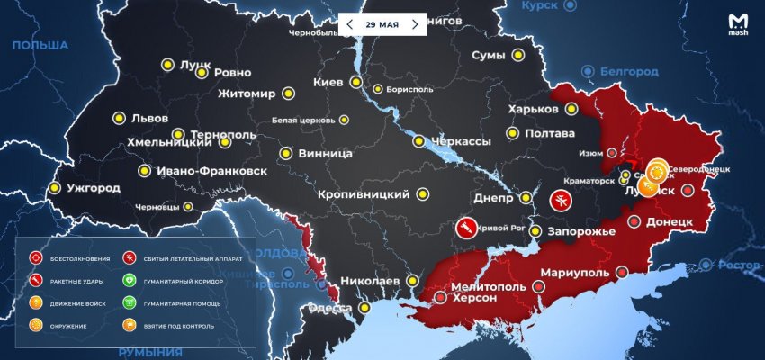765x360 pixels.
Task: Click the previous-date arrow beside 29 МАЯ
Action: (x=350, y=24)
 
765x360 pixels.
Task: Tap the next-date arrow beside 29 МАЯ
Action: (x=414, y=24)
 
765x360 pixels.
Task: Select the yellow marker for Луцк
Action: (x=166, y=65)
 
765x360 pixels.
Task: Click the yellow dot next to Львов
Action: (x=119, y=118)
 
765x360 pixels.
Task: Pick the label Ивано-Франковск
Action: (x=209, y=170)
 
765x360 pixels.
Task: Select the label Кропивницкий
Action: (x=364, y=194)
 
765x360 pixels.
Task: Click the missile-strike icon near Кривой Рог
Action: (x=466, y=229)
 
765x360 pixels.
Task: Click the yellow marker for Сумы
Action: (x=518, y=56)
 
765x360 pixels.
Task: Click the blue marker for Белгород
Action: (x=588, y=70)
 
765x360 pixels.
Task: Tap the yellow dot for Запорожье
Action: (x=535, y=231)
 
